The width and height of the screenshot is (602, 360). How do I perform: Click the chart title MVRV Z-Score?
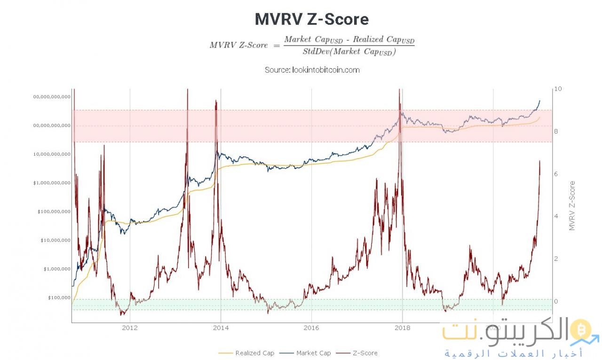click(x=312, y=19)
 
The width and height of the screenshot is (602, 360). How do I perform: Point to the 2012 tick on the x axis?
click(x=129, y=328)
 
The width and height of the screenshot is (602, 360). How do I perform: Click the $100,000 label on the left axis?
click(x=58, y=297)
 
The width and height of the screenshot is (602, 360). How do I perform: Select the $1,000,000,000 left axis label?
click(x=52, y=183)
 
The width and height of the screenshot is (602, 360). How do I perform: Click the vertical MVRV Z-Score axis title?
click(x=572, y=205)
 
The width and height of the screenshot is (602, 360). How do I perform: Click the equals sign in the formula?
click(x=276, y=45)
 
